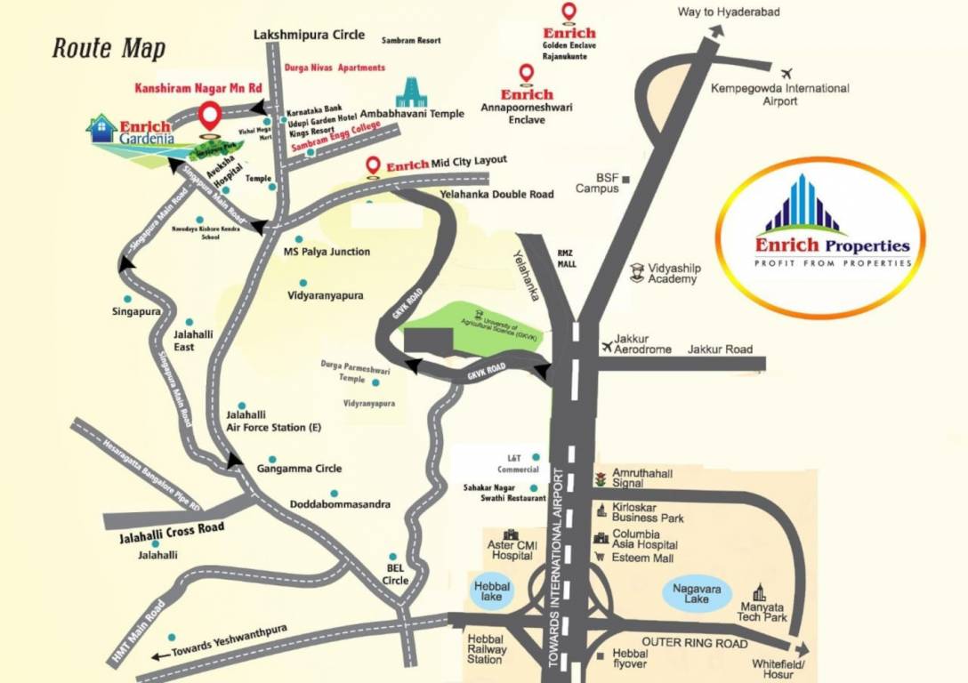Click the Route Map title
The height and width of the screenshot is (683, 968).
tap(109, 47)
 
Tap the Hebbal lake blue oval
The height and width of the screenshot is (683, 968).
tap(491, 591)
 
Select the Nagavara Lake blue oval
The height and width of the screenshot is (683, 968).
tap(698, 593)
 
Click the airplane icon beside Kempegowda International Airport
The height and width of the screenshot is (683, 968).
tap(786, 74)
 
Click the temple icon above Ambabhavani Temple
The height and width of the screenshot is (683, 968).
tap(411, 92)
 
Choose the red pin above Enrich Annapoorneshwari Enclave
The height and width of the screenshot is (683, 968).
tap(526, 74)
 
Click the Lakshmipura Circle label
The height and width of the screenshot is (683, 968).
tap(309, 35)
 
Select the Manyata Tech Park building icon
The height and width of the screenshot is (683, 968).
tap(760, 592)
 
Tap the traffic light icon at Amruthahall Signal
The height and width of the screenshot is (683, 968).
tap(601, 478)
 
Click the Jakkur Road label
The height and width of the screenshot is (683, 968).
tap(720, 350)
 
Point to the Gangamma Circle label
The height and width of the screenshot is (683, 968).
tap(299, 469)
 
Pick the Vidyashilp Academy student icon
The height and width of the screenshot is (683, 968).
tap(637, 272)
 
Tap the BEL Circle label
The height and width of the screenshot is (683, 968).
tap(396, 574)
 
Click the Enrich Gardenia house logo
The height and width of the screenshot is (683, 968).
tap(102, 128)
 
